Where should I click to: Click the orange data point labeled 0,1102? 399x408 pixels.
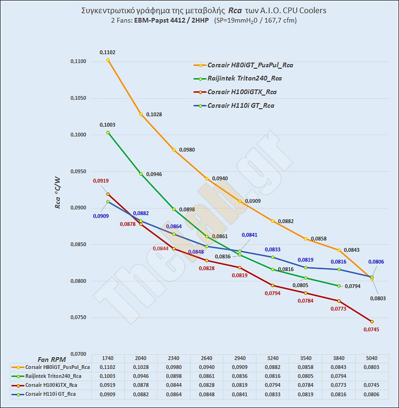pos(108,60)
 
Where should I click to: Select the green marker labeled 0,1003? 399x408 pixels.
pos(108,133)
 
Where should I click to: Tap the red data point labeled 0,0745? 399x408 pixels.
pos(372,321)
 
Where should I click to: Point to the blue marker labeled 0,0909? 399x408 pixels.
pos(108,201)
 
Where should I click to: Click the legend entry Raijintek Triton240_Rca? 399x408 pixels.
pos(244,79)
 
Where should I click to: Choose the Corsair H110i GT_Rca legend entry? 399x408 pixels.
pos(240,105)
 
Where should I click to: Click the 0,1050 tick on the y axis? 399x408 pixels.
pos(78,98)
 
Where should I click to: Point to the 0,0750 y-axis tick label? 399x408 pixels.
pos(78,318)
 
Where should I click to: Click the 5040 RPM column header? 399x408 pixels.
pos(372,359)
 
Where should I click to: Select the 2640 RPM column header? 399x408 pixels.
pos(207,359)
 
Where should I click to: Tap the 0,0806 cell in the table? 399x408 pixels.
pos(372,394)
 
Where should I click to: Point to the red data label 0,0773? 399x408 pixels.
pos(339,309)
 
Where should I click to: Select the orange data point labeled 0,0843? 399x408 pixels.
pos(339,250)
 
